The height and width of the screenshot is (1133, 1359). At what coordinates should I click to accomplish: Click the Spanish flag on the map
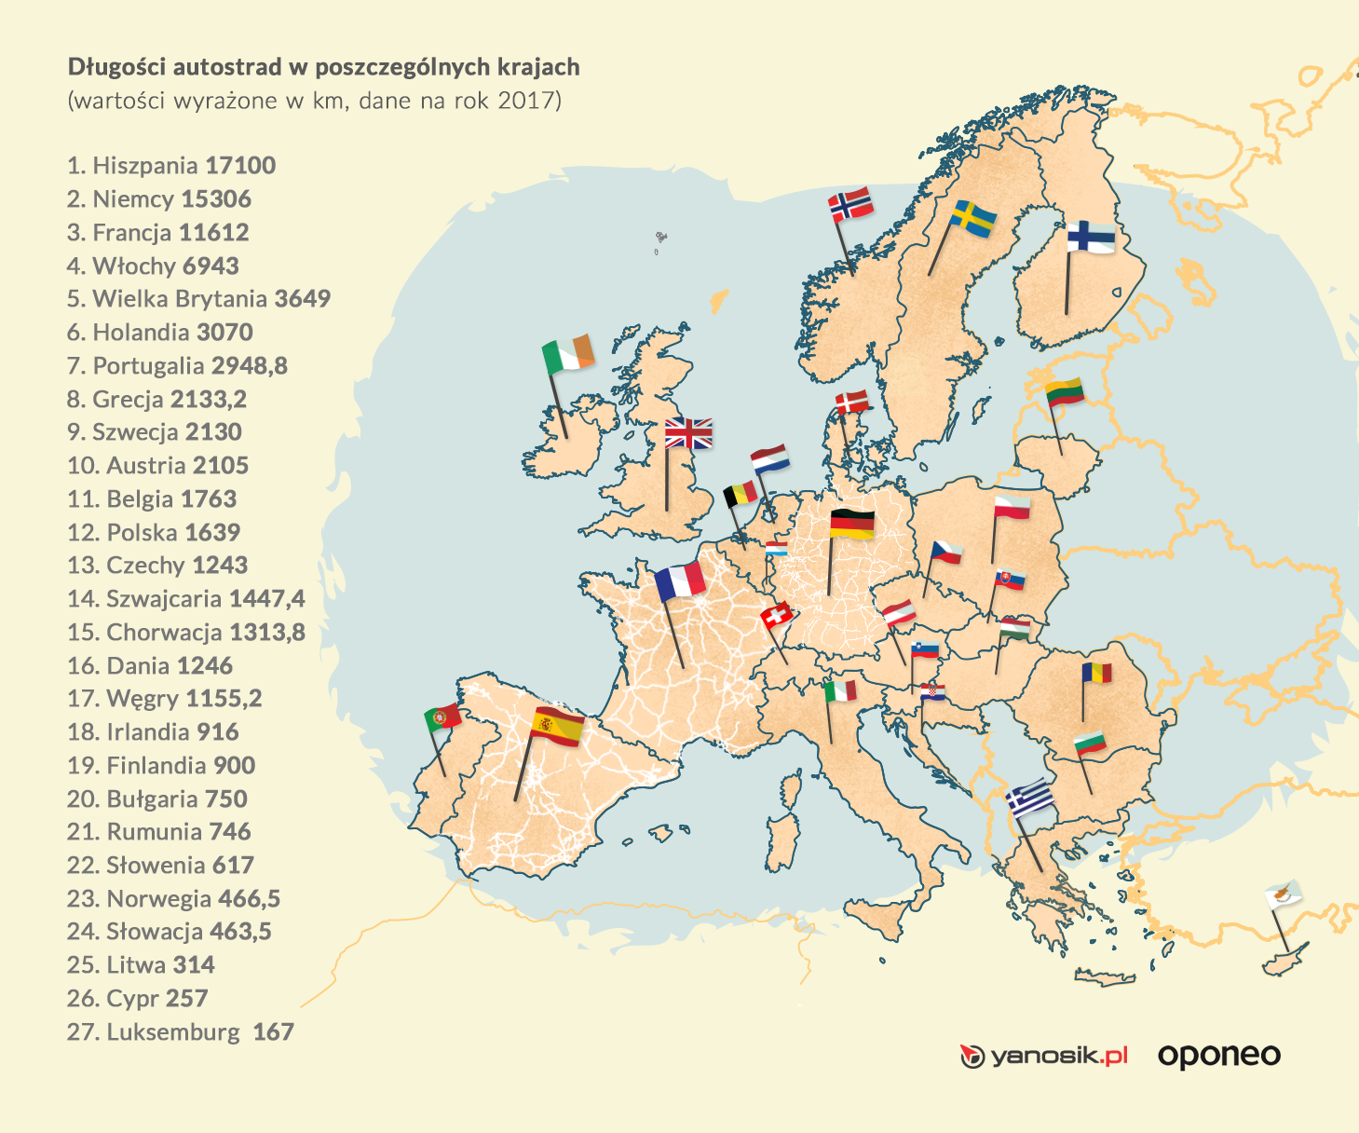pos(558,726)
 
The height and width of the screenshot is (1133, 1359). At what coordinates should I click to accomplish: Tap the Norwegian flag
pos(850,204)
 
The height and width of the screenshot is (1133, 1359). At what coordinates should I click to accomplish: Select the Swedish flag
pos(973,218)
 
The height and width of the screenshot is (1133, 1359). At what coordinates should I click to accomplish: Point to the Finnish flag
pos(1091,237)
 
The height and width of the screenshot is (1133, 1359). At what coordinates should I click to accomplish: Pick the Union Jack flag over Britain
pos(688,433)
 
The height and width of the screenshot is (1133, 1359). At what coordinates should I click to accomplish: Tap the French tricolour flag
pos(680,580)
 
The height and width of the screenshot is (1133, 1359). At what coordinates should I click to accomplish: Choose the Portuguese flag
pos(442,717)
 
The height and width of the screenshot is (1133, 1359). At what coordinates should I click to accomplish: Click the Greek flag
pos(1030,799)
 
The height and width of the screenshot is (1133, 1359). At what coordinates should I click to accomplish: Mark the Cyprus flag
pos(1283,895)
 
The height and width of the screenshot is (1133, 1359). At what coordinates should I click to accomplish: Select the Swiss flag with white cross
pos(777,615)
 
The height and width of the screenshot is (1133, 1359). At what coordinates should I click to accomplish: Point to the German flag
pos(851,524)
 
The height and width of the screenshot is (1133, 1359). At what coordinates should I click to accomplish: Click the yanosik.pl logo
pos(1044,1056)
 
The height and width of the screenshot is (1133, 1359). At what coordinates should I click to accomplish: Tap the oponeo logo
pos(1218,1056)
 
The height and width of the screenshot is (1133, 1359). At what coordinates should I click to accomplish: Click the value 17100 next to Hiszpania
pos(240,166)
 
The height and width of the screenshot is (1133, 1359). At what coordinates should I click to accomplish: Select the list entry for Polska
pos(154,533)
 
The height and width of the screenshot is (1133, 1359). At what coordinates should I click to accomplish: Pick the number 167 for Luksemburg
pos(273,1032)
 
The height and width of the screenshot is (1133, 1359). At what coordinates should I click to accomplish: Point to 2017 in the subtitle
pos(528,101)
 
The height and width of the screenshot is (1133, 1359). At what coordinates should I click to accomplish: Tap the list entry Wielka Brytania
pos(198,299)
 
